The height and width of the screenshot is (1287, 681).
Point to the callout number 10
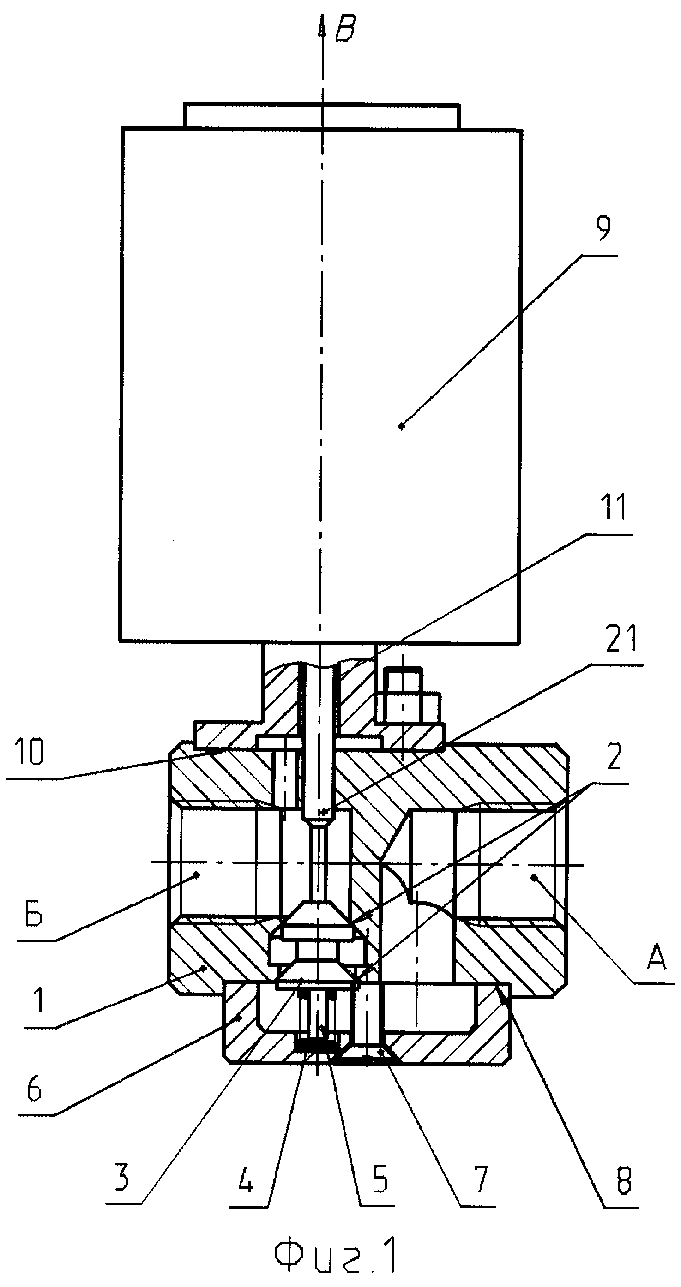pyautogui.click(x=30, y=752)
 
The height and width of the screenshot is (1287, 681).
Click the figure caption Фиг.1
pyautogui.click(x=336, y=1257)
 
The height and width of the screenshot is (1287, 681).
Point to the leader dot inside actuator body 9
pyautogui.click(x=402, y=425)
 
